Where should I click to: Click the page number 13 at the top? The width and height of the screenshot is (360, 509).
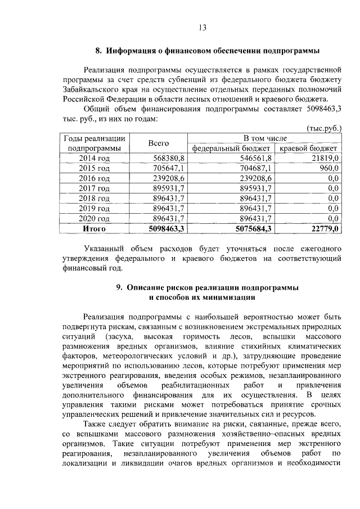(x=203, y=28)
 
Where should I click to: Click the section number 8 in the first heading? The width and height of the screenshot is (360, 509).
(x=97, y=51)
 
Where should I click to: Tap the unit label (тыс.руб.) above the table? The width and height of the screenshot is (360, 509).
(x=325, y=128)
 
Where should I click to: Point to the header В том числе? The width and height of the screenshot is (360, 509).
(x=264, y=138)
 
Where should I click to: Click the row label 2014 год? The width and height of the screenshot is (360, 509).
(x=94, y=159)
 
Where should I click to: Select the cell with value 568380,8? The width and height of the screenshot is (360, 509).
(x=169, y=159)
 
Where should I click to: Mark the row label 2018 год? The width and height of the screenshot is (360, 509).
(x=94, y=199)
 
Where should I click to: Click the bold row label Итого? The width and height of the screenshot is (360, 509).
(x=94, y=229)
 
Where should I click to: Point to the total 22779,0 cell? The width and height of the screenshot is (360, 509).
(x=323, y=229)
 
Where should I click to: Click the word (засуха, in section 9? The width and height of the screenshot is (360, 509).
(x=119, y=336)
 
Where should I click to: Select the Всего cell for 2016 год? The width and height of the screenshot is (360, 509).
(x=169, y=178)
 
